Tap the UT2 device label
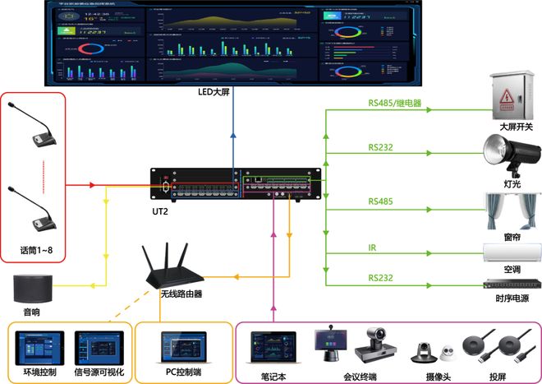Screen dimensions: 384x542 pos(161,211)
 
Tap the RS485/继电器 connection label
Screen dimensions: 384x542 pos(394,104)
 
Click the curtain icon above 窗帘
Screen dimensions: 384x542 pos(512,209)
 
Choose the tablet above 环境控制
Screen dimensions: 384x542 pos(38,346)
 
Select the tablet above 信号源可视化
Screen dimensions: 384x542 pos(98,346)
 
